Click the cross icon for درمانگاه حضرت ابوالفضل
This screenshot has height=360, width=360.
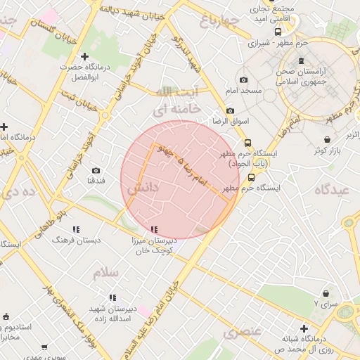84,56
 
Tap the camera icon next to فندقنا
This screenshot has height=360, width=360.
96,170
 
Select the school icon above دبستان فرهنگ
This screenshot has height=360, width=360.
76,229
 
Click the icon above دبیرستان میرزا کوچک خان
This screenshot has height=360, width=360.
154,229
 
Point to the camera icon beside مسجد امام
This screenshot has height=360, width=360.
243,80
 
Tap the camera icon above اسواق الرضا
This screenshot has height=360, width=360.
230,111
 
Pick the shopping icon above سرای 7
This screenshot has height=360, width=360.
326,293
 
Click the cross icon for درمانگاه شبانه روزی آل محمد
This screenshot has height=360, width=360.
304,328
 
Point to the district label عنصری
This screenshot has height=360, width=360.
243,332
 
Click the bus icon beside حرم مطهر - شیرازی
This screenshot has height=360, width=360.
278,32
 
